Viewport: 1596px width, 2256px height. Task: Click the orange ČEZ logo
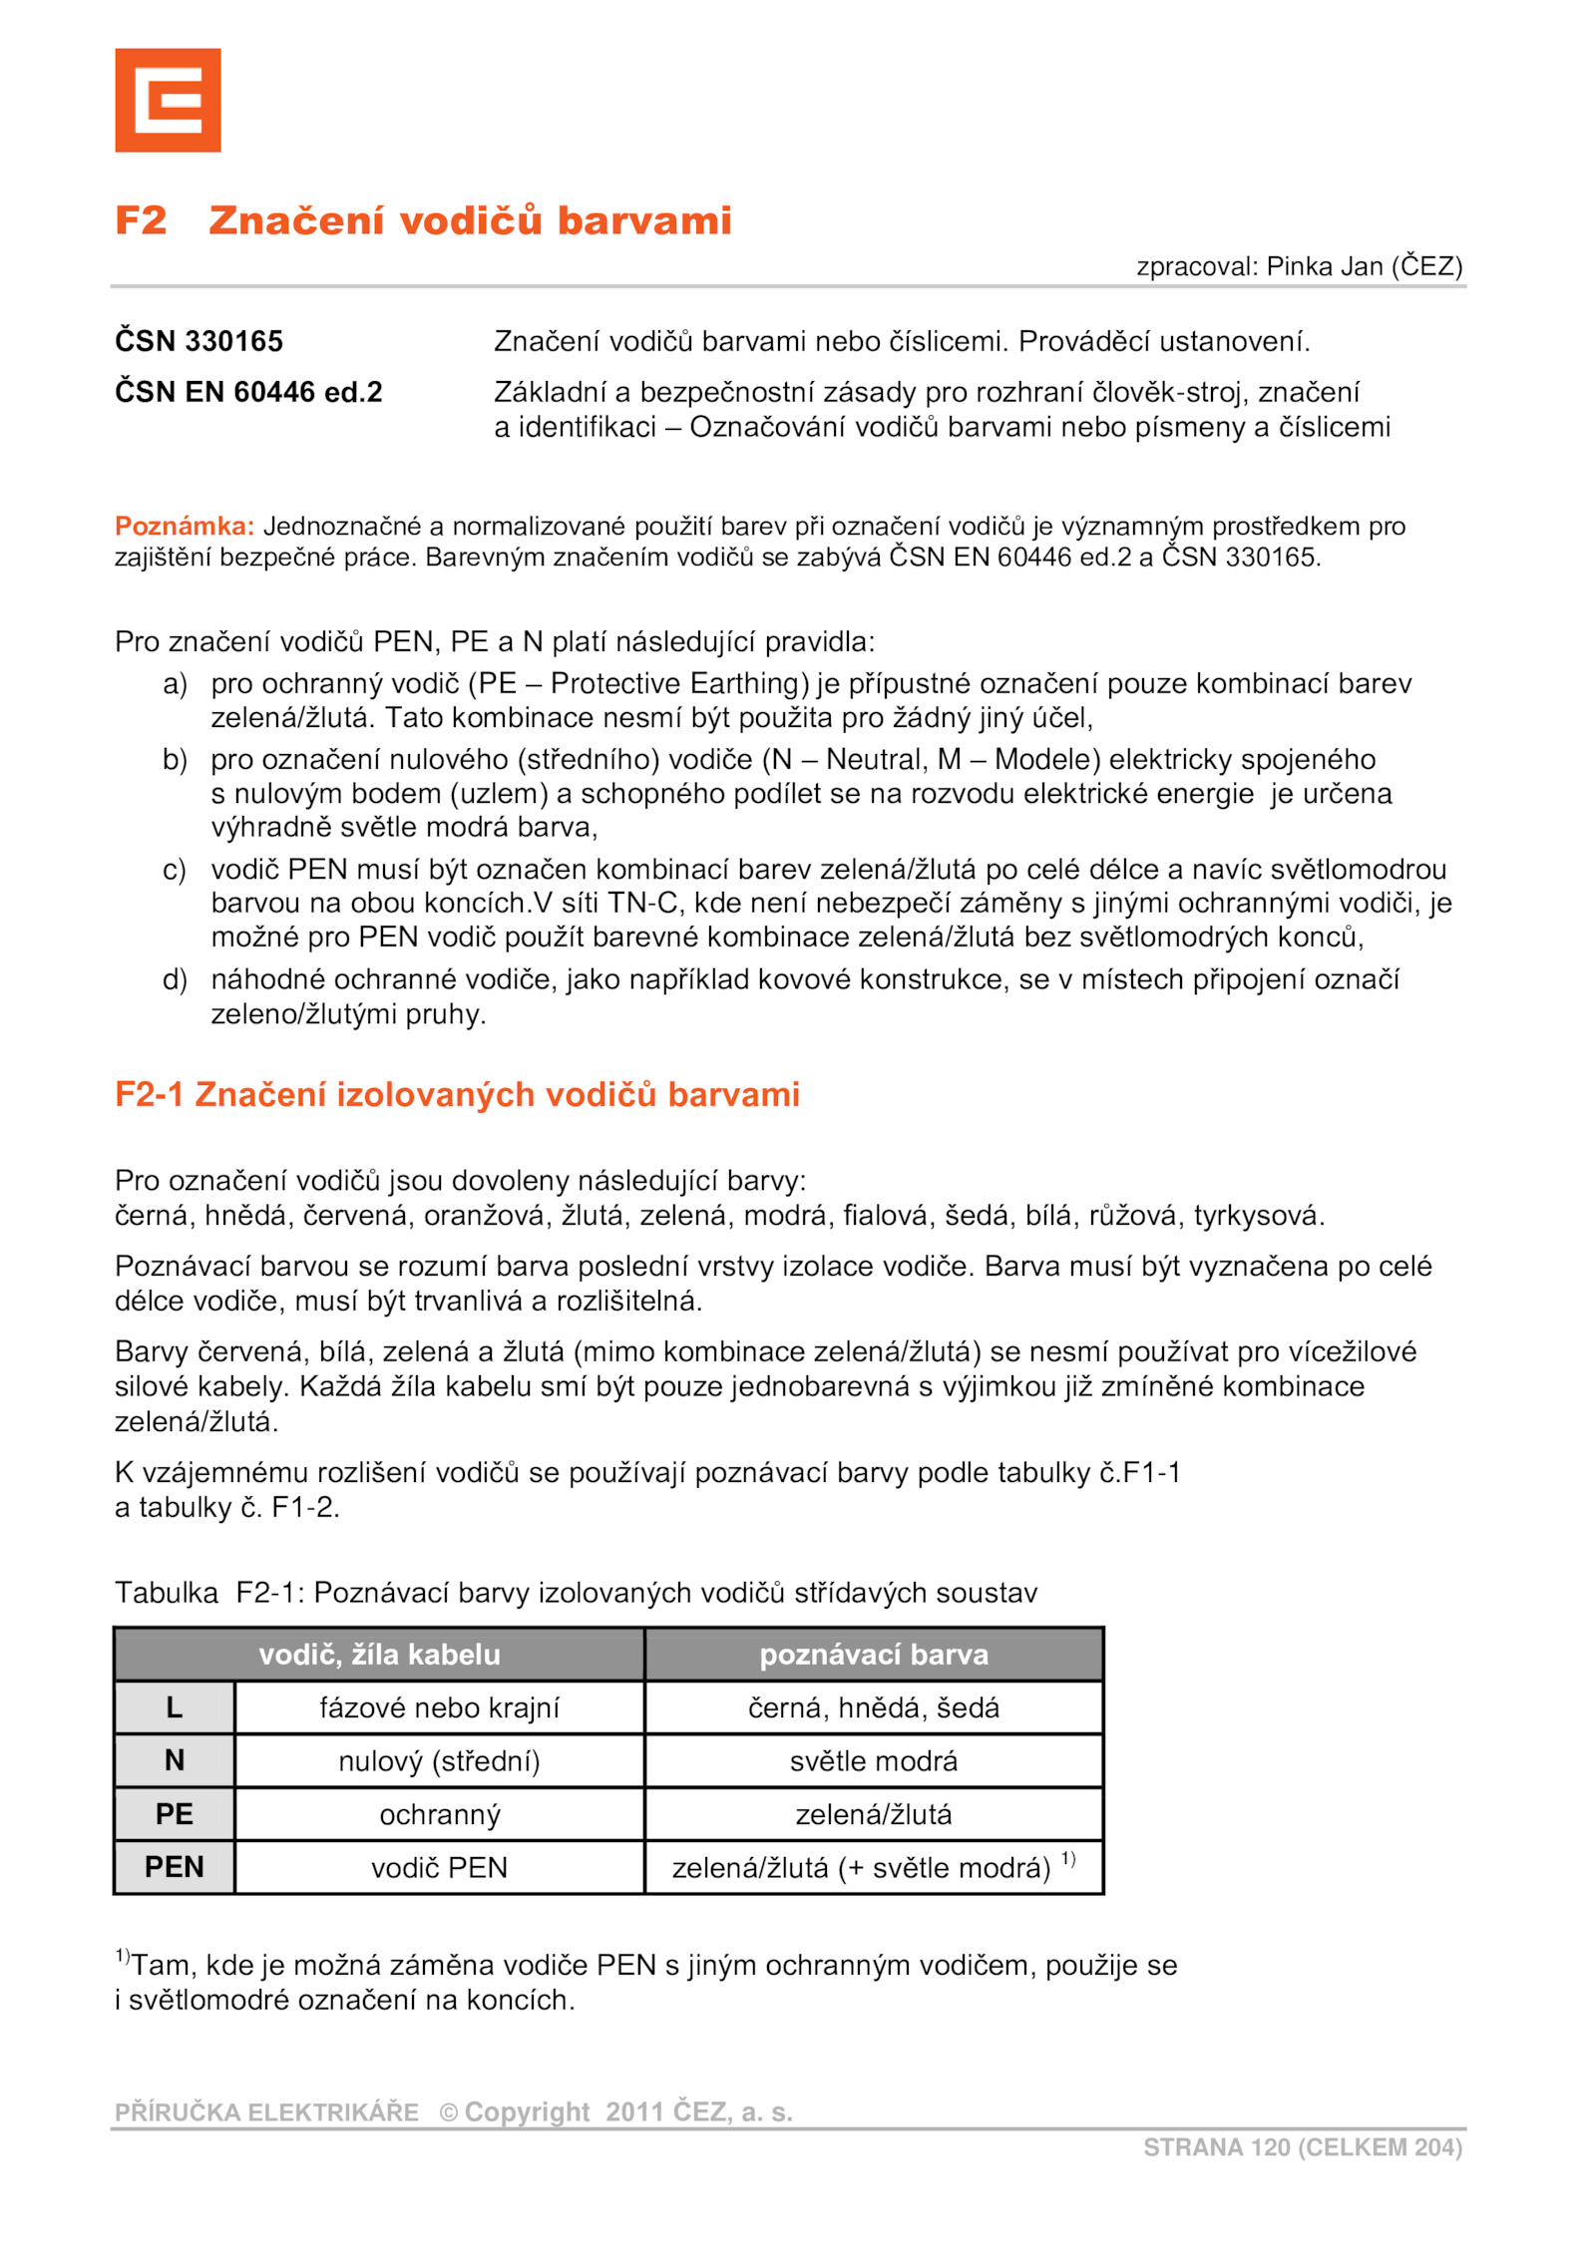168,101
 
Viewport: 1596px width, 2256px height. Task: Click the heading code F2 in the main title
141,220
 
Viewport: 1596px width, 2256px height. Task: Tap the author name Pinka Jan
1324,266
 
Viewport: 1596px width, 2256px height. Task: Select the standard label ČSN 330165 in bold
199,341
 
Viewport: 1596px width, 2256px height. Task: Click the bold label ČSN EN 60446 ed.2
248,392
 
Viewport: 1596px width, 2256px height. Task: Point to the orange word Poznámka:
185,526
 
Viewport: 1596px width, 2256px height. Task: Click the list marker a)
175,684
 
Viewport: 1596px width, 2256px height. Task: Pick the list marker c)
175,870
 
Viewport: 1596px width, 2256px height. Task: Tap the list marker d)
175,979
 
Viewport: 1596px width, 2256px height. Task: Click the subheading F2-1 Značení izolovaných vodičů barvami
457,1094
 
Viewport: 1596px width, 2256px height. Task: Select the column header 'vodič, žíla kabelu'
379,1655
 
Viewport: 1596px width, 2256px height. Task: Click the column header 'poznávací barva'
874,1655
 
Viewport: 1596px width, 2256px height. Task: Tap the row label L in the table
175,1707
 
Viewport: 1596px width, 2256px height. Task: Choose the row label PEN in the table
175,1867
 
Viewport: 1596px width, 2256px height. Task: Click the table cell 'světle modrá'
874,1761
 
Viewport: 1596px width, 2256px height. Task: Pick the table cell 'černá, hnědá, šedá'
874,1707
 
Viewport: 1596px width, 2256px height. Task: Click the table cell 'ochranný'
440,1814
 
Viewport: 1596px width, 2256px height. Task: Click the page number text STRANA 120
1216,2147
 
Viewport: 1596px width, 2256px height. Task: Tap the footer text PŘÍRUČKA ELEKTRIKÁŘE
266,2112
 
